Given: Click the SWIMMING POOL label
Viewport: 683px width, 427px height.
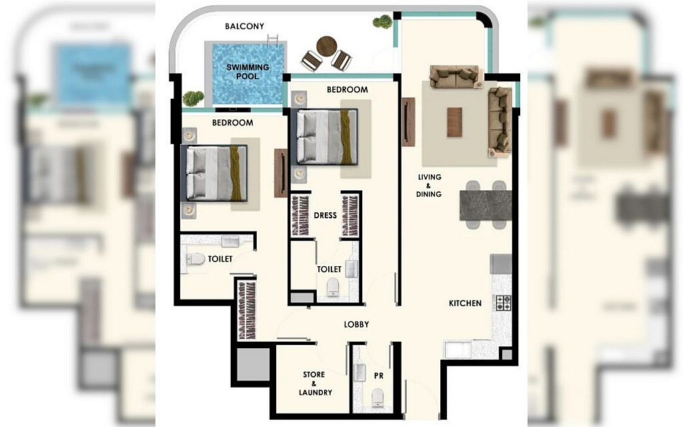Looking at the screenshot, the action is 247,72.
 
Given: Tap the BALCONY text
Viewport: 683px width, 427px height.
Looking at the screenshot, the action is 244,26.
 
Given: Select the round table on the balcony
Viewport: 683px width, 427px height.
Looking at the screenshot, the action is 327,46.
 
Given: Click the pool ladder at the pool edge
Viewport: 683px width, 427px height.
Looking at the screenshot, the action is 273,41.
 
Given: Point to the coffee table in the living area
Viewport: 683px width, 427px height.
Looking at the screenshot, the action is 454,122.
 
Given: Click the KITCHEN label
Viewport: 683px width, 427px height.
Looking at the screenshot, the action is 465,304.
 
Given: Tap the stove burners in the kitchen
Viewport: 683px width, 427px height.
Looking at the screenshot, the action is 503,302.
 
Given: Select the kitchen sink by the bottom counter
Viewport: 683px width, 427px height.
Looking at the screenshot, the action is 458,350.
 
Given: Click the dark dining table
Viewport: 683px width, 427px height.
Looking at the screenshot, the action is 486,205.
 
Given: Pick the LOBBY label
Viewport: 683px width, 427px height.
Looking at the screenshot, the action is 356,324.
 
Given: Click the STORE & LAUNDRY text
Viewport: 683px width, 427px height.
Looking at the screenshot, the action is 315,384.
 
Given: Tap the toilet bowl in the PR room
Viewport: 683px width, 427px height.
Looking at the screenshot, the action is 378,398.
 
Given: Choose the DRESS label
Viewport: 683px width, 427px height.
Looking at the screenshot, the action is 325,216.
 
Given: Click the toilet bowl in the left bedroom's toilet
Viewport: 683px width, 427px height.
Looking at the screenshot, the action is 196,260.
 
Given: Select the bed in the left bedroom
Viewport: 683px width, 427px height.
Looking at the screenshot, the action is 214,173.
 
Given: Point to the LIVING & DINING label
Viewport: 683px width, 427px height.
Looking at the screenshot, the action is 429,185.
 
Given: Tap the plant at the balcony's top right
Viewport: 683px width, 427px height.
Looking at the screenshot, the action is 383,21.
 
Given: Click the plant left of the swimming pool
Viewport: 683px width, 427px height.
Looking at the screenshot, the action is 193,98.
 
